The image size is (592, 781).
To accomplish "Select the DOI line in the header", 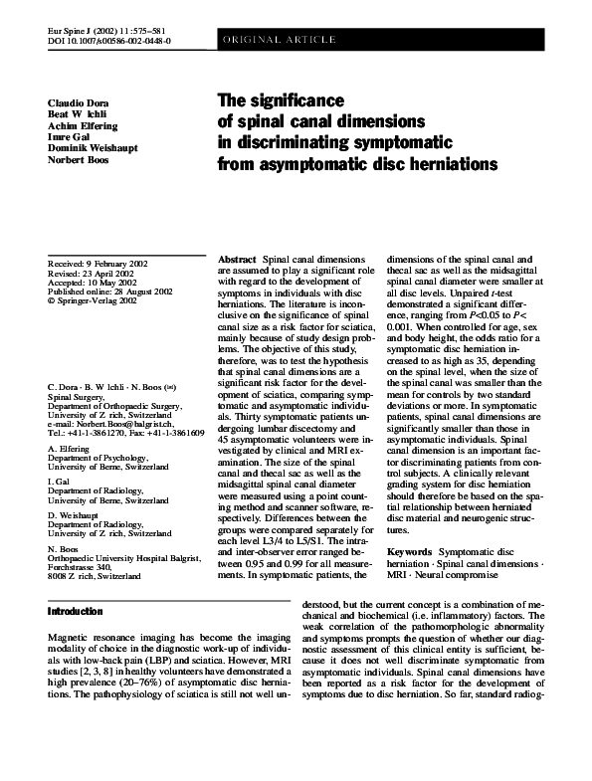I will [x=109, y=42].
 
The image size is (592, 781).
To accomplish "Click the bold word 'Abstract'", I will [x=237, y=259].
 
